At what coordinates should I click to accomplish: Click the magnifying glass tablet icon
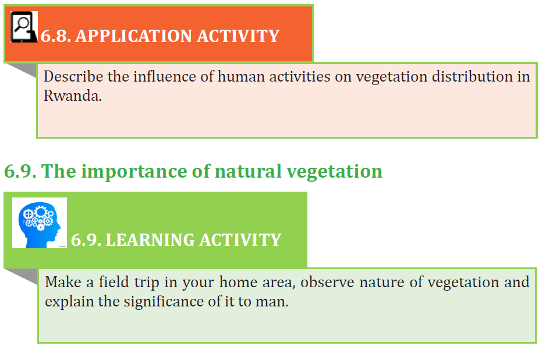tap(24, 27)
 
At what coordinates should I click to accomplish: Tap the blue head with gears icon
tap(40, 223)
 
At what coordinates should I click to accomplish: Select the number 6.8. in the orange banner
tap(56, 36)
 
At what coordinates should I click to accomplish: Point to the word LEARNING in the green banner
tap(150, 240)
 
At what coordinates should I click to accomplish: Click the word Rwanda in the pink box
tap(73, 96)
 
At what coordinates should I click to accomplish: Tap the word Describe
tap(73, 76)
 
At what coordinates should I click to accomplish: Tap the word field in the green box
tap(114, 282)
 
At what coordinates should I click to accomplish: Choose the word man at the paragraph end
tap(272, 302)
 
